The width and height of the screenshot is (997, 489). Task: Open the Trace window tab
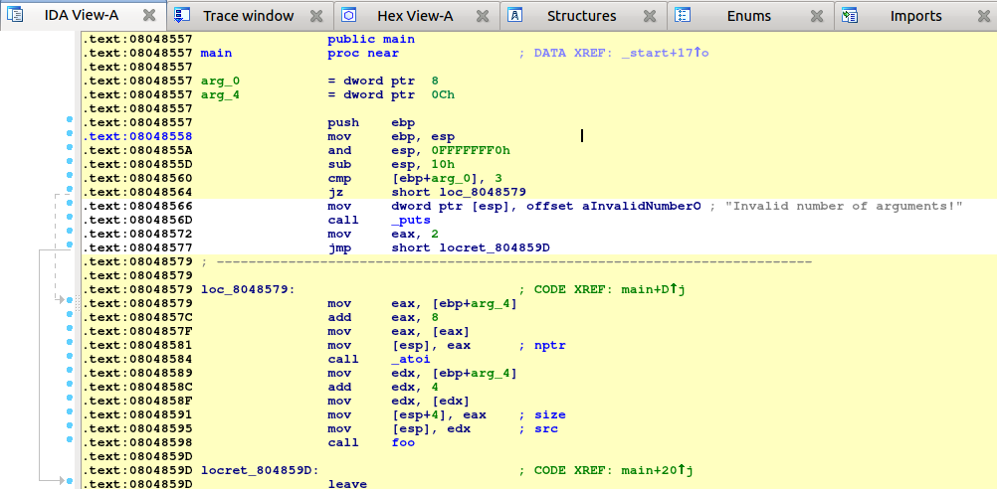[x=249, y=16]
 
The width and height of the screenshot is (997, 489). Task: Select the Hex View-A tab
[x=415, y=16]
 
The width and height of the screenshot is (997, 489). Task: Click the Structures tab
[x=582, y=16]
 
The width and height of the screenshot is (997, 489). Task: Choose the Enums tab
[x=749, y=16]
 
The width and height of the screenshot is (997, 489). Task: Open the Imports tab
[x=916, y=16]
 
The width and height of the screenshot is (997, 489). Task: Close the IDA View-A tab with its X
[x=149, y=15]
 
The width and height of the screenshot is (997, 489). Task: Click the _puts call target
[x=411, y=220]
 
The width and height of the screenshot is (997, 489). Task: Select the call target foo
[x=403, y=442]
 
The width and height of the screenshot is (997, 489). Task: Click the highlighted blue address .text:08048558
[x=136, y=136]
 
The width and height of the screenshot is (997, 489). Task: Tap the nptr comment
[x=549, y=346]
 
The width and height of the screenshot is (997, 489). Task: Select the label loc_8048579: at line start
[x=248, y=289]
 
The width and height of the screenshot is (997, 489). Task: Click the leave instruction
[x=347, y=484]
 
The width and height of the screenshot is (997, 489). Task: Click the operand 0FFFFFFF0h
[x=471, y=150]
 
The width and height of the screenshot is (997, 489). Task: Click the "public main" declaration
[x=371, y=39]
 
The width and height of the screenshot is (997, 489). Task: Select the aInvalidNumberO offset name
[x=642, y=206]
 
